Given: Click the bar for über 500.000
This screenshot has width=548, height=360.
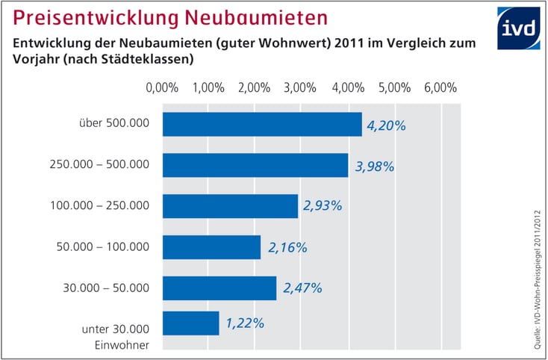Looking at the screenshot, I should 262,125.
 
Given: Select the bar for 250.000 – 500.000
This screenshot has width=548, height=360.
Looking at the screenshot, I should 255,165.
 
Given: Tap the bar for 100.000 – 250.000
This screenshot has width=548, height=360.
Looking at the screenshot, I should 230,206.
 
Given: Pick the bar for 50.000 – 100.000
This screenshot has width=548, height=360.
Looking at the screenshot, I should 211,247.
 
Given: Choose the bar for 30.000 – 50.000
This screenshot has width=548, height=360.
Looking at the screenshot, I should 219,288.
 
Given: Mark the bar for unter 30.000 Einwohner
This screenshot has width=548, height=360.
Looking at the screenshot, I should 190,323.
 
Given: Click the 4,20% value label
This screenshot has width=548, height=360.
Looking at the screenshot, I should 386,125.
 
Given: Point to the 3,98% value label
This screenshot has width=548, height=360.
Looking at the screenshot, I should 375,166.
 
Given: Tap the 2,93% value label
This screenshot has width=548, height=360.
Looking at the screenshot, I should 323,206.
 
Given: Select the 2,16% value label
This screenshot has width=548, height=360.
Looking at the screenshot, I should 287,247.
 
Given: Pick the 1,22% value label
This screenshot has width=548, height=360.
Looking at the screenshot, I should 244,323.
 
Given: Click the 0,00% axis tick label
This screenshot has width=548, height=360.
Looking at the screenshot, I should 162,87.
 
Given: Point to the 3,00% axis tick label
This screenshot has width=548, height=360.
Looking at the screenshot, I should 301,87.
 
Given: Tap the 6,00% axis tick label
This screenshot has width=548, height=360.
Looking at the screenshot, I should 440,87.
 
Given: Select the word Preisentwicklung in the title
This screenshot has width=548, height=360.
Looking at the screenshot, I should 81,16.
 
